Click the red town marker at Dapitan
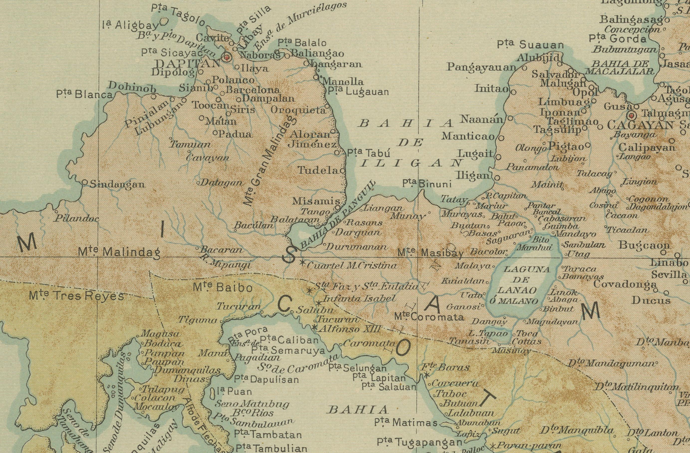(227, 57)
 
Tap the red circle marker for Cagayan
(632, 116)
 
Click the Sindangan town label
(117, 184)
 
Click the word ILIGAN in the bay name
(411, 163)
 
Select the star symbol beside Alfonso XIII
(314, 328)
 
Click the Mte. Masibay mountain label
(430, 253)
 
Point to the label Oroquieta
(298, 110)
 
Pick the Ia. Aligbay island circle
(164, 21)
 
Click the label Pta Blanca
(84, 94)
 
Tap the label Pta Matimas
(406, 423)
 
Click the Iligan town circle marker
(497, 178)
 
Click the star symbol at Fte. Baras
(427, 376)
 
